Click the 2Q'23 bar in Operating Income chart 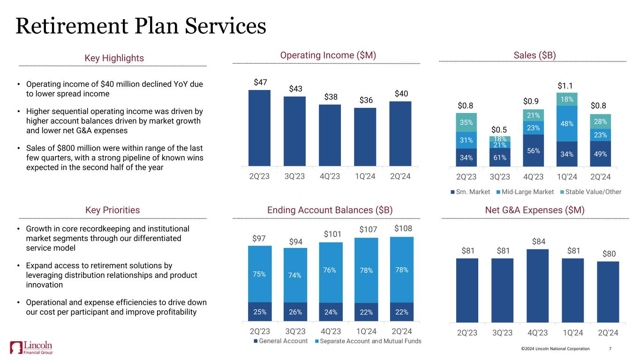click(259, 127)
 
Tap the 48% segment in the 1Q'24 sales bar click(567, 123)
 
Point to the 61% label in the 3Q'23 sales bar click(500, 157)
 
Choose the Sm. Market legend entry click(472, 192)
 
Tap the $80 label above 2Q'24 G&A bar click(608, 254)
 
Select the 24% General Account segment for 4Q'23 click(331, 312)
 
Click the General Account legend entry click(280, 341)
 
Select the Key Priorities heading click(113, 210)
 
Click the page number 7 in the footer click(610, 349)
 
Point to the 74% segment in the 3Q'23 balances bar click(295, 276)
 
